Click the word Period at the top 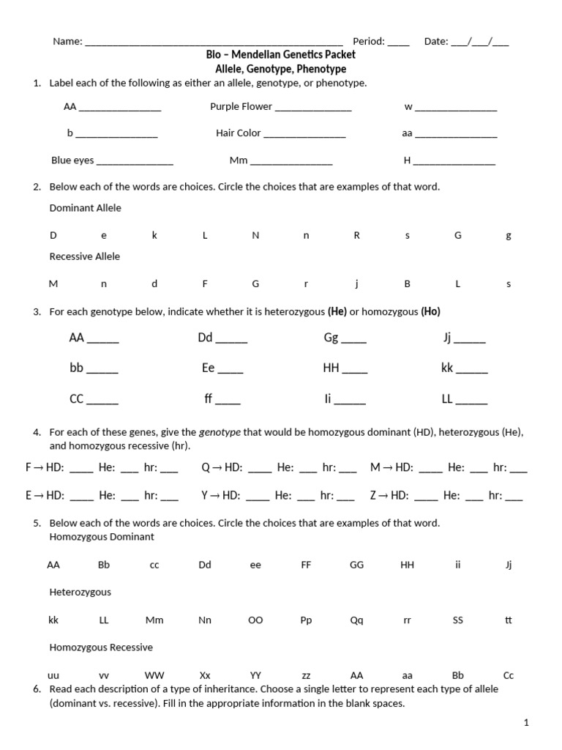point(368,41)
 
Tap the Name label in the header point(67,41)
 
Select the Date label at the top point(436,41)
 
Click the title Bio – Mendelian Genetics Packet point(281,55)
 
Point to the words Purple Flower point(241,106)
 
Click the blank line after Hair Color point(304,134)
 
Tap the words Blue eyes point(72,160)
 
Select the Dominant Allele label point(85,208)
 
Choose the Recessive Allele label point(84,256)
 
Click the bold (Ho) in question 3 point(430,311)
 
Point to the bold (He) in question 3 point(337,311)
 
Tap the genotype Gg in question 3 point(331,338)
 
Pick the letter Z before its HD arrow point(373,495)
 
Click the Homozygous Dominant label point(102,537)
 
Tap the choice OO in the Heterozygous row point(255,620)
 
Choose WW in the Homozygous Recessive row point(154,675)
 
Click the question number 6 point(37,689)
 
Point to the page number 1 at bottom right point(525,723)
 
